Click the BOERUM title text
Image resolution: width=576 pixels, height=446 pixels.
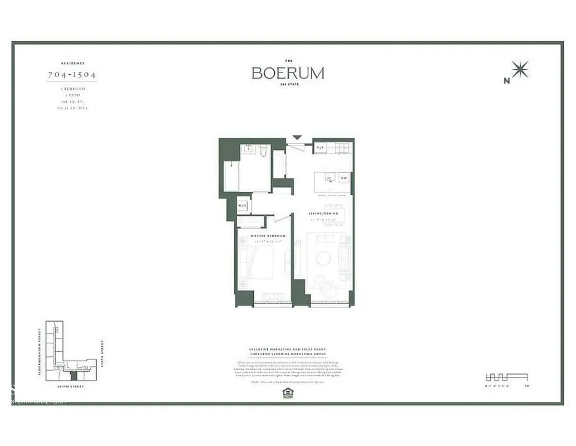point(288,73)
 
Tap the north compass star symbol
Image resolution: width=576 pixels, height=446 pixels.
point(520,70)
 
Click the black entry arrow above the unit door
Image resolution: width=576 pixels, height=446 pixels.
point(297,137)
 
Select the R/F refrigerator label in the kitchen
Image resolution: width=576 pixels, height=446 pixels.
point(321,148)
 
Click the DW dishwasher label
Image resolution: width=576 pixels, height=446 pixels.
point(344,178)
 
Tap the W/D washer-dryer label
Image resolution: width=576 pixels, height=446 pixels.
point(243,206)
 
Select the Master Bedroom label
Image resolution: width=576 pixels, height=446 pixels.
point(268,236)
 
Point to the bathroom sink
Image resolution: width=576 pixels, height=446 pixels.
point(248,149)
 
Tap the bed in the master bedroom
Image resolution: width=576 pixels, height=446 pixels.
point(259,262)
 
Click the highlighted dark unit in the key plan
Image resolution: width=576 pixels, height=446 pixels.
point(75,377)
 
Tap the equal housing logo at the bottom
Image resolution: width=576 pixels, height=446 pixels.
point(287,393)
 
